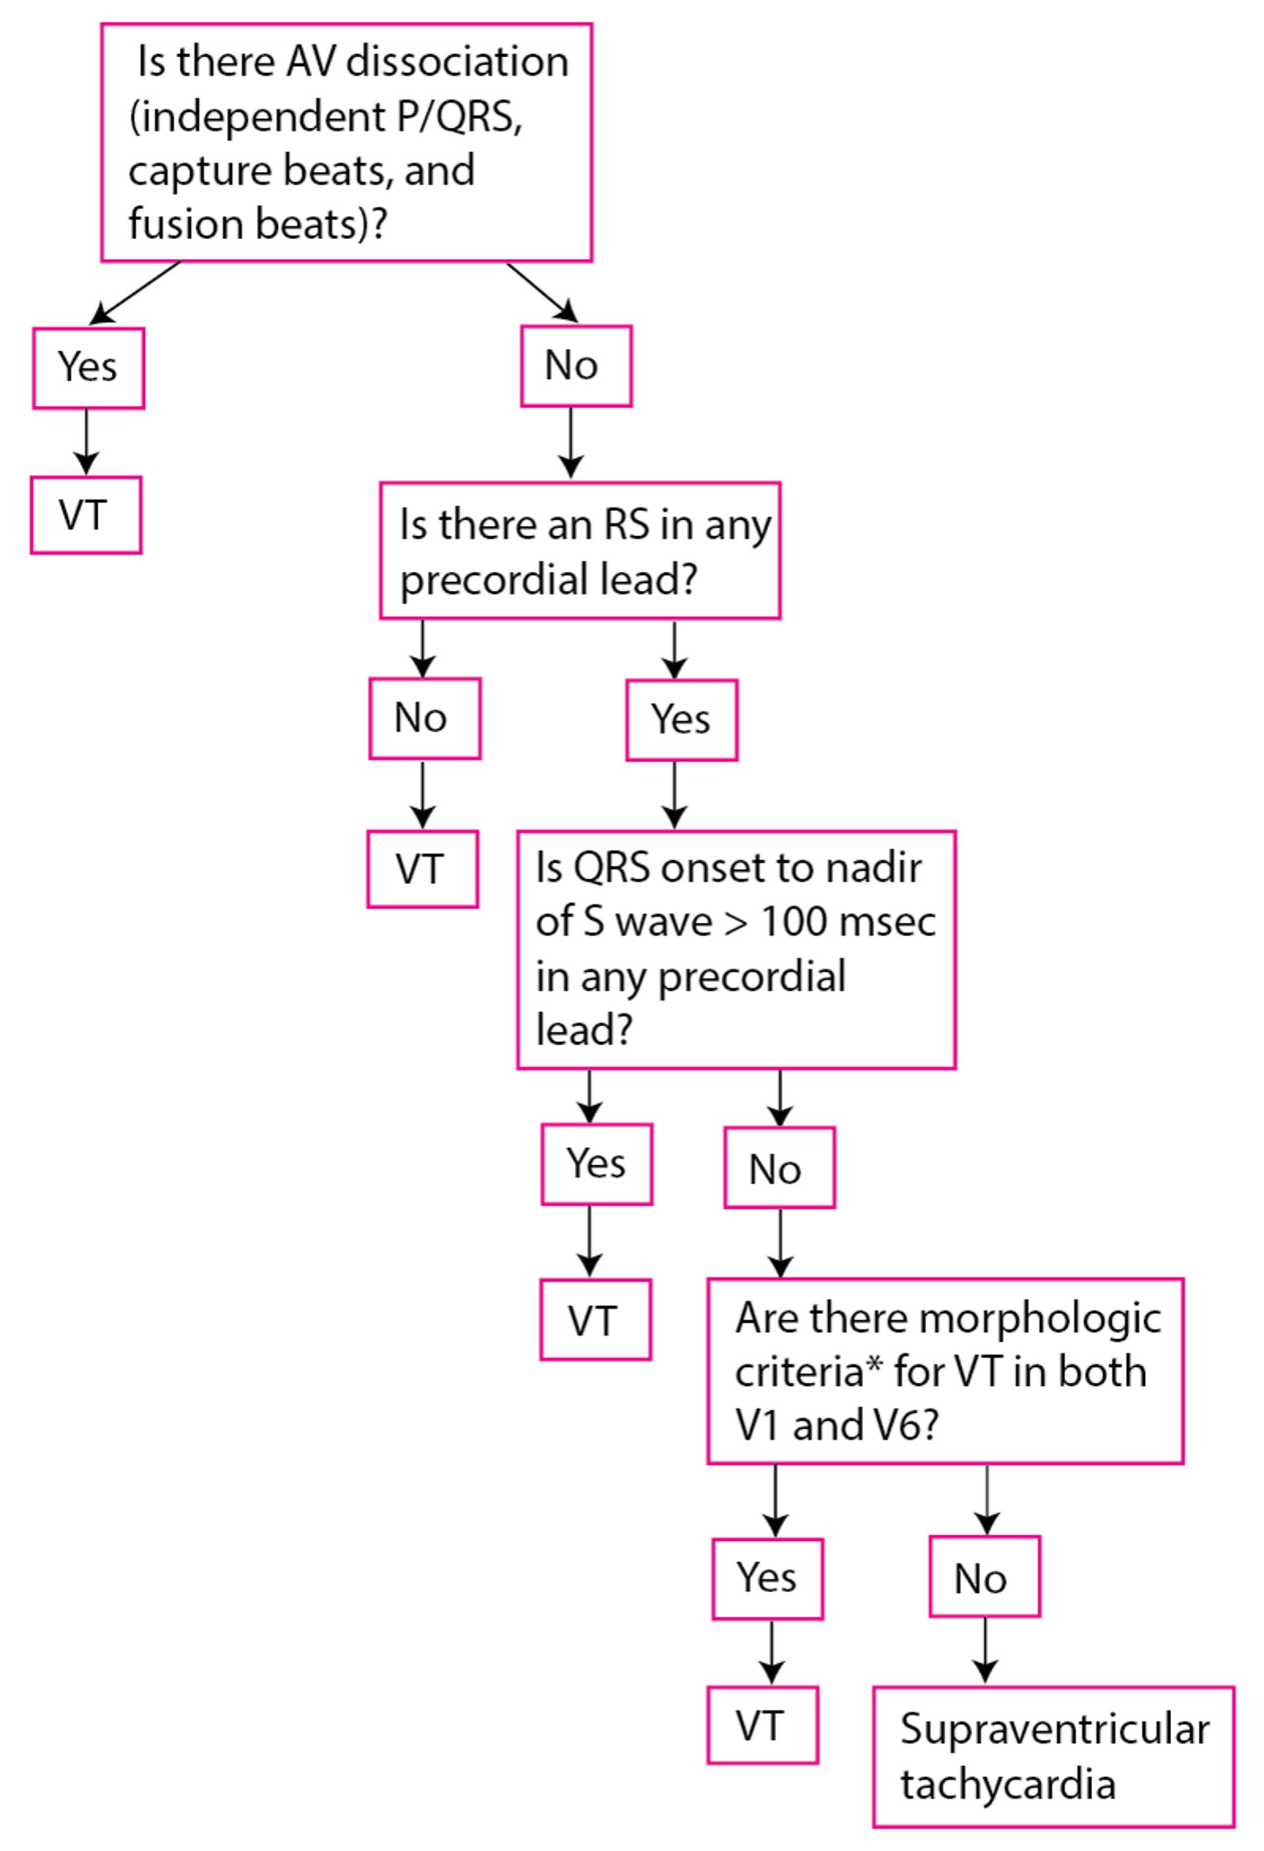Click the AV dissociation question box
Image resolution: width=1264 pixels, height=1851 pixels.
click(346, 142)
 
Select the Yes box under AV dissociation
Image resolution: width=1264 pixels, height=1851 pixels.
click(88, 368)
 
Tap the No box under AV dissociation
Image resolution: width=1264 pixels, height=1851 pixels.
click(575, 366)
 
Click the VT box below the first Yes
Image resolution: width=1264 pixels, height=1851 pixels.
click(86, 514)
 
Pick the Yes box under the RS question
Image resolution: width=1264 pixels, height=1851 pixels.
click(681, 719)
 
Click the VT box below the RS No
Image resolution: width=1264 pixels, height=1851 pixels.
click(422, 869)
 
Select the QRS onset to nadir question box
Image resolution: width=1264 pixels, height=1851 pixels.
click(735, 949)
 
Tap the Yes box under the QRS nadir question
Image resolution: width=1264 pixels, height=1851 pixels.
click(596, 1164)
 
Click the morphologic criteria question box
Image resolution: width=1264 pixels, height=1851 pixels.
click(945, 1371)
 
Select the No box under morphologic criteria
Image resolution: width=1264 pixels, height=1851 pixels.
click(984, 1576)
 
